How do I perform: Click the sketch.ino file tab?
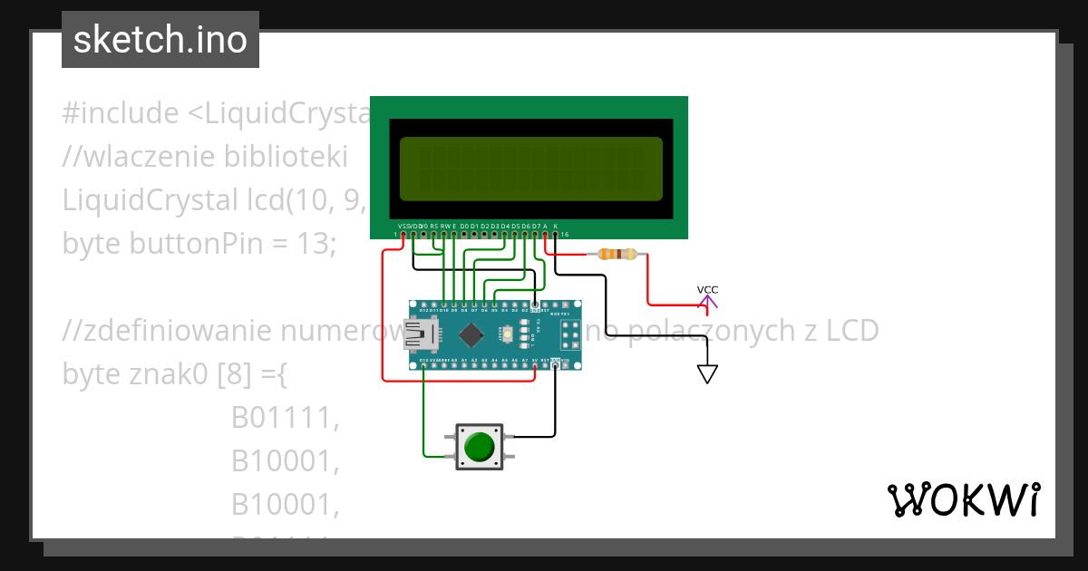pos(160,40)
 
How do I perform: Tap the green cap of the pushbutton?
pos(479,447)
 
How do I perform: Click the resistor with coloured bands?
pos(618,255)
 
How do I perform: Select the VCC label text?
pos(707,289)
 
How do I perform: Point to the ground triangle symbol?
pos(707,373)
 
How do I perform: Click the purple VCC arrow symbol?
pos(707,302)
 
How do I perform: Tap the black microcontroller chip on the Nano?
pos(471,334)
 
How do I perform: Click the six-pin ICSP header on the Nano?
pos(570,334)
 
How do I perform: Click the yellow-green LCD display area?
pos(530,169)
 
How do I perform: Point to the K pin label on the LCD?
pos(556,226)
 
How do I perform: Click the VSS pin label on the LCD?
pos(403,226)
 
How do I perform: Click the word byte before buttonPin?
pos(92,244)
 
